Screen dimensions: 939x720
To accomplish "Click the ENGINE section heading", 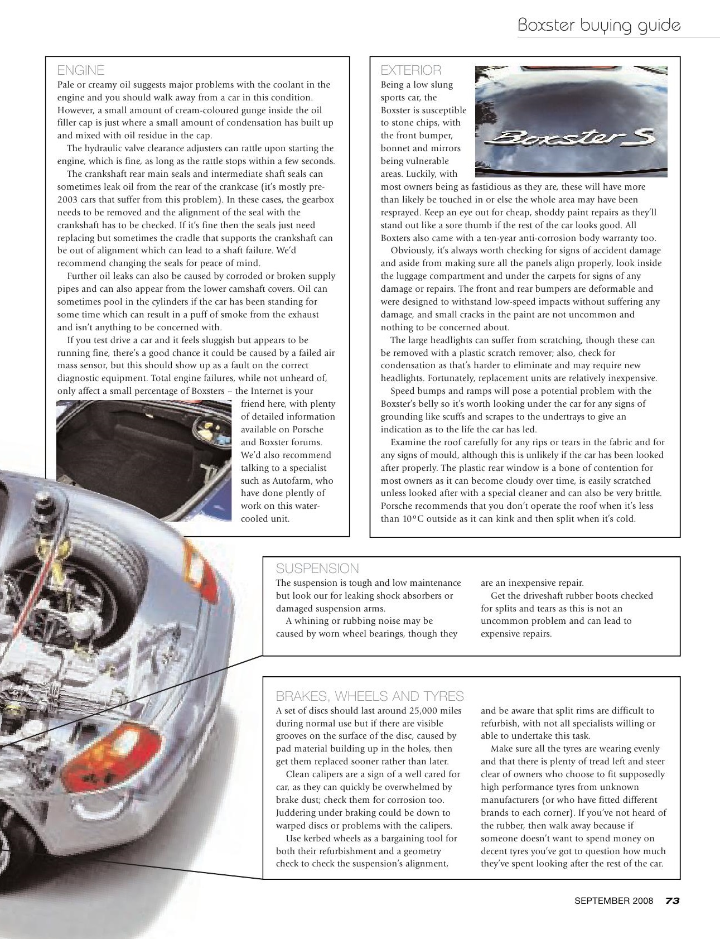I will coord(81,70).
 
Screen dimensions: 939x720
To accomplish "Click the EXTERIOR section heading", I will coord(411,70).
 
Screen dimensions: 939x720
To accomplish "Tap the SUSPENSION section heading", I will coord(317,569).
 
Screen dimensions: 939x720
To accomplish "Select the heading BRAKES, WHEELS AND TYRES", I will coord(370,696).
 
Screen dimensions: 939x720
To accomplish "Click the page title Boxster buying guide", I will coord(599,25).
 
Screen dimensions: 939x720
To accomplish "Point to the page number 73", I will coord(672,901).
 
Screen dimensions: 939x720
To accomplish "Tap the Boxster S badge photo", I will coord(571,122).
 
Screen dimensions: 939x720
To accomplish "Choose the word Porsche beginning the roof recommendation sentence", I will coord(398,506).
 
